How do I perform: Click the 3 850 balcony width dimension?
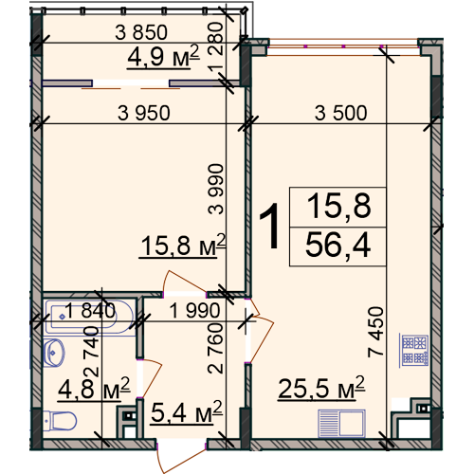click(141, 32)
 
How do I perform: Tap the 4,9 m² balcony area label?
click(163, 56)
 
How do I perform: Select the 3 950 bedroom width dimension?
click(144, 113)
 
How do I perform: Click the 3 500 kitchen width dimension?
click(341, 113)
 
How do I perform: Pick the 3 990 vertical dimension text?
click(216, 190)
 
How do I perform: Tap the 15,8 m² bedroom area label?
click(183, 246)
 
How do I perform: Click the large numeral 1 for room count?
click(270, 226)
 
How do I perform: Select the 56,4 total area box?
click(337, 246)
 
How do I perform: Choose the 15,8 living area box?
click(337, 207)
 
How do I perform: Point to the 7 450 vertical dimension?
click(375, 332)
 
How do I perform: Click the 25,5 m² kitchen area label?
click(321, 388)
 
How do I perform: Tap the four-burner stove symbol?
click(414, 350)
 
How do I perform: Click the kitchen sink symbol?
click(341, 424)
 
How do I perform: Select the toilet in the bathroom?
click(60, 420)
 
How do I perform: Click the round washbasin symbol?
click(54, 353)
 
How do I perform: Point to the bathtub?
click(89, 317)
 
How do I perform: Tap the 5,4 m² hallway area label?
click(187, 412)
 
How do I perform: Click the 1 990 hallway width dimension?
click(194, 310)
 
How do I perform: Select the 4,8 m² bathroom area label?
click(94, 388)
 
